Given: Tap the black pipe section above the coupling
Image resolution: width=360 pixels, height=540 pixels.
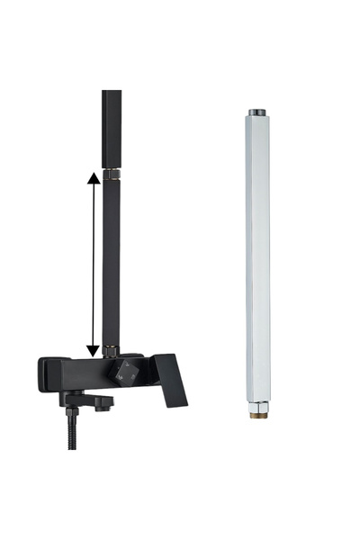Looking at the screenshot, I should coord(112,126).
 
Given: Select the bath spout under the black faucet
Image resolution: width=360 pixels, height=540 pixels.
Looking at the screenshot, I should coord(90,397).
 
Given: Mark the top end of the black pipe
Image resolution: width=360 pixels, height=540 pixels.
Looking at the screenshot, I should coord(112,94).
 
